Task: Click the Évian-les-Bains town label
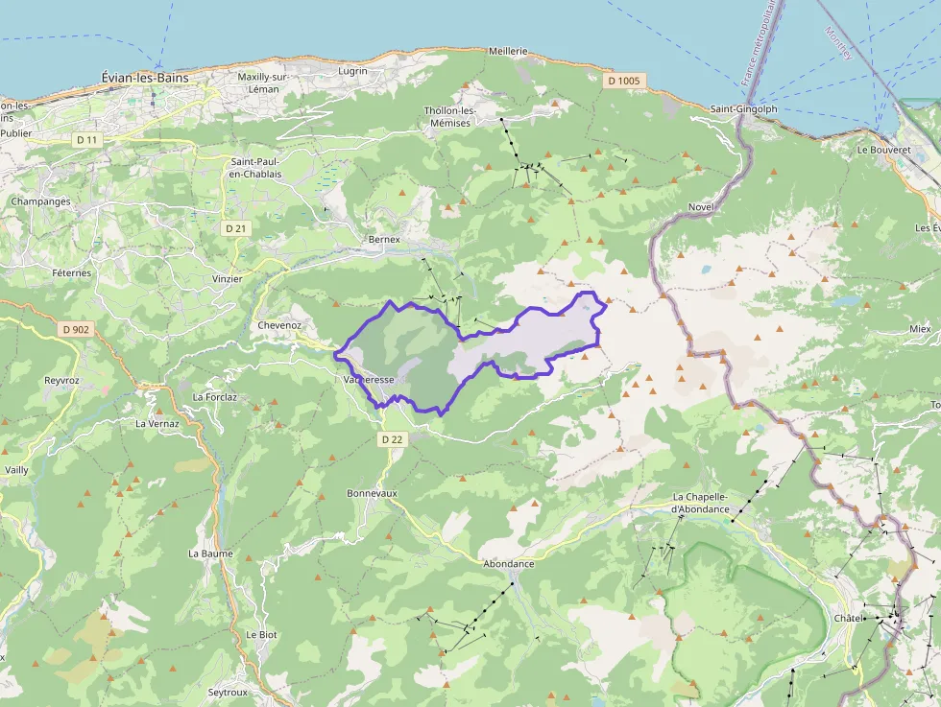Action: [x=145, y=77]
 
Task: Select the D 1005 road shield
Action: [x=623, y=81]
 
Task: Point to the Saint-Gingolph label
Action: [x=743, y=109]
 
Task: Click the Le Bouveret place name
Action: [x=882, y=150]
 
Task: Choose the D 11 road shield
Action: [x=86, y=140]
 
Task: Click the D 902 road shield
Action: [x=75, y=330]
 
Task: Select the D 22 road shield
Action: [x=391, y=439]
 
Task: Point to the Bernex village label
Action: [x=383, y=238]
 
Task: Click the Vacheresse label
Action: [x=368, y=380]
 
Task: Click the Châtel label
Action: [x=849, y=618]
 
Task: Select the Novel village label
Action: [x=702, y=207]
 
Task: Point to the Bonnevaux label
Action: [x=372, y=493]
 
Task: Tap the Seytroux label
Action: [x=229, y=692]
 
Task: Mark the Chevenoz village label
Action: [x=279, y=325]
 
